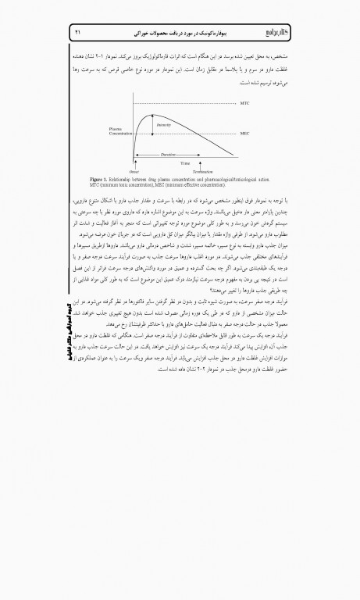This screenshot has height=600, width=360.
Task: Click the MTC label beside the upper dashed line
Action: click(245, 103)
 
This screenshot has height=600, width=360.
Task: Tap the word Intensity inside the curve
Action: click(164, 125)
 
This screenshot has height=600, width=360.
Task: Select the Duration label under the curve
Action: click(169, 154)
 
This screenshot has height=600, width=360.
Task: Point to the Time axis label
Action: click(184, 162)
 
